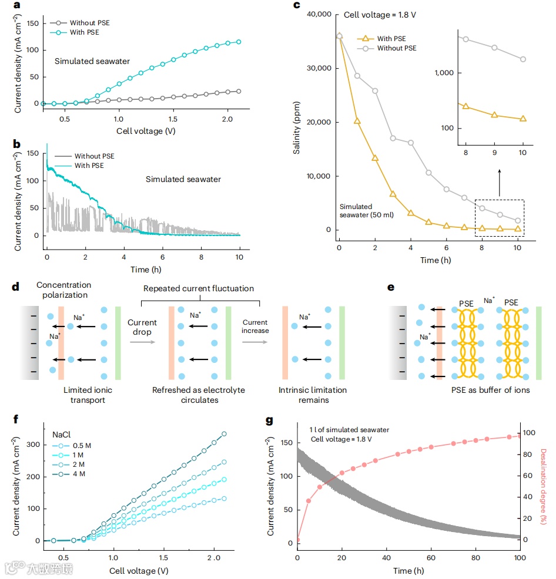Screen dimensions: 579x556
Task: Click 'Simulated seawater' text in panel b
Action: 183,179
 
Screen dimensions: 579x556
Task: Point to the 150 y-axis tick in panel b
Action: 32,153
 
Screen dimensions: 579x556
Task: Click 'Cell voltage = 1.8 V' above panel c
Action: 381,14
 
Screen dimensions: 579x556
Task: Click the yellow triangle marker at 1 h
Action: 357,121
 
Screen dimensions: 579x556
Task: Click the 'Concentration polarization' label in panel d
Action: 63,289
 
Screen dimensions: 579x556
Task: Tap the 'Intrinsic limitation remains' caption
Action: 312,395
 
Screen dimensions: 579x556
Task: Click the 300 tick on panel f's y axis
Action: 32,444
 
